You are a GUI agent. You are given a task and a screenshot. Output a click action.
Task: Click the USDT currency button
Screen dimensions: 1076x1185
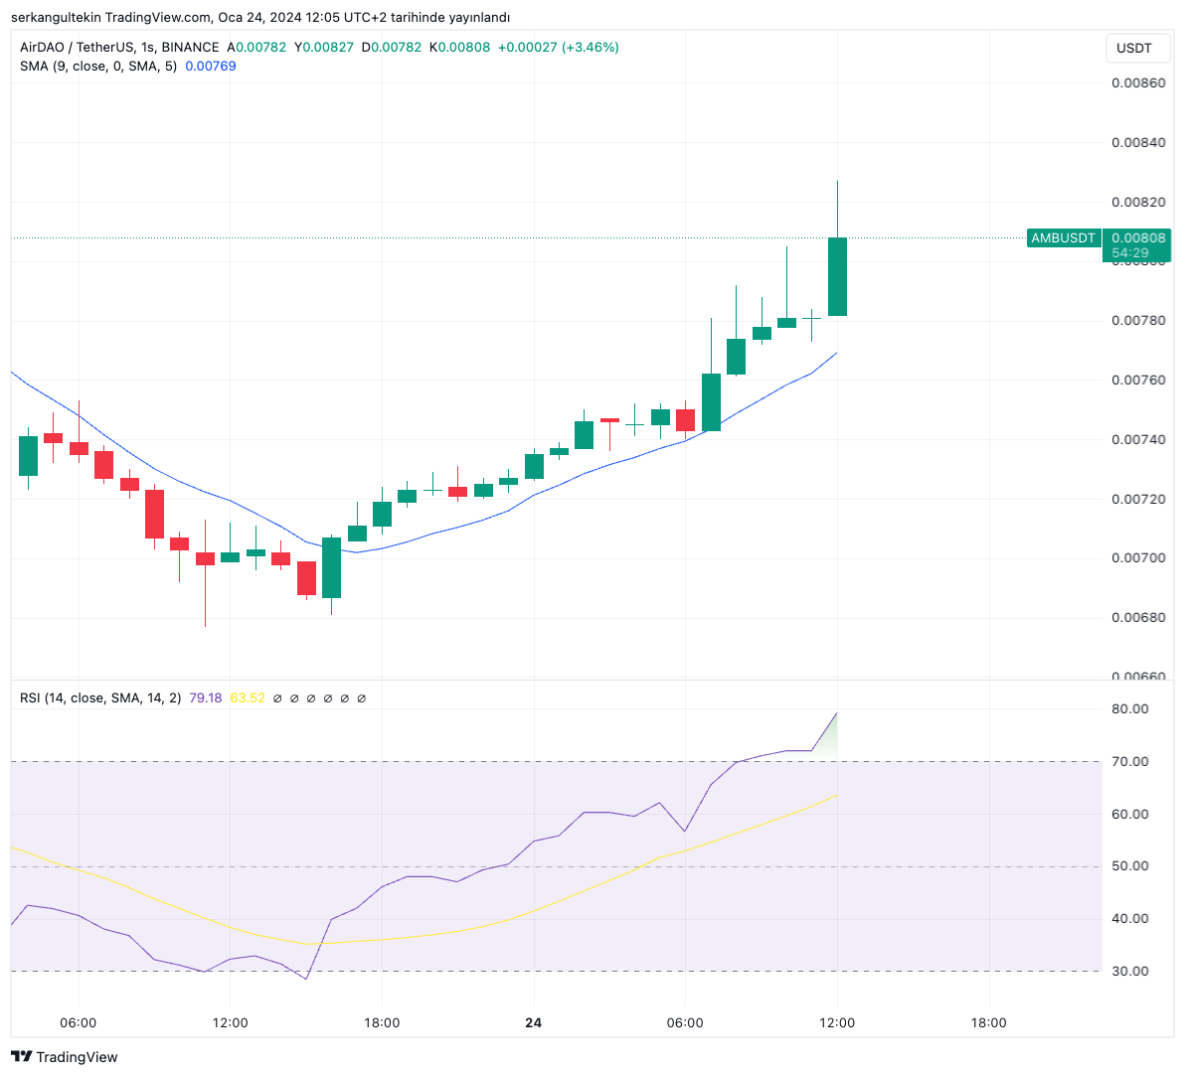[1133, 48]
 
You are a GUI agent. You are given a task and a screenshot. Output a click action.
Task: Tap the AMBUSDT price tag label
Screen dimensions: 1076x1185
[1063, 238]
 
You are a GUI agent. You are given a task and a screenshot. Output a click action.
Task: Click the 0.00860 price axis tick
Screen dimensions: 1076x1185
[1138, 83]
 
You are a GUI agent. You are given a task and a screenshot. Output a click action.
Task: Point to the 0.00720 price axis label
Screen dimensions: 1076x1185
[1138, 499]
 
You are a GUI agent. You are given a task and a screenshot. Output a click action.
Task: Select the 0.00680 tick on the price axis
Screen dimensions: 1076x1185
[1138, 618]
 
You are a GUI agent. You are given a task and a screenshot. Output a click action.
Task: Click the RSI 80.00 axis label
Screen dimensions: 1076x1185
[1129, 709]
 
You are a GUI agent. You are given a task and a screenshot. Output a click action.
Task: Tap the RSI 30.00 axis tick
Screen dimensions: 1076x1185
[1129, 972]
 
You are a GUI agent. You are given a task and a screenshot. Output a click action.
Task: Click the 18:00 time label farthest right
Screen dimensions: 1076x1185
[988, 1023]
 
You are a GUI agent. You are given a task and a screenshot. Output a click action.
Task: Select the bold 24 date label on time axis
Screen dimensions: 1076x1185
[534, 1023]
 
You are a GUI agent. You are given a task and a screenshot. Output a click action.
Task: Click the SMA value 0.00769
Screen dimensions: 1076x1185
[211, 67]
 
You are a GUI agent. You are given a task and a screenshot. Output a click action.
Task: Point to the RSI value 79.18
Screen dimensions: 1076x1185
[205, 698]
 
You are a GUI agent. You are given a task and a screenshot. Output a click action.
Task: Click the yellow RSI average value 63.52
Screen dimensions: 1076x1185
[248, 698]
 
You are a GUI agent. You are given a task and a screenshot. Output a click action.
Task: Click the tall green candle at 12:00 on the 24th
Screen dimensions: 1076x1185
[837, 276]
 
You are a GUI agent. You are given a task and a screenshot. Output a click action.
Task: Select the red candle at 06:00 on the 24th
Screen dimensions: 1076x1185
[685, 419]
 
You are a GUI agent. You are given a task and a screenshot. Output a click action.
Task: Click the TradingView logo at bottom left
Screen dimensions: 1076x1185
[65, 1057]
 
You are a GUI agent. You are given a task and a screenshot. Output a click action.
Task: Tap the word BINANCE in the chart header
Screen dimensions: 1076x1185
[190, 48]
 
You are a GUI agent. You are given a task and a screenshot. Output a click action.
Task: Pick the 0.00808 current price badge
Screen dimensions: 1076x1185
[1138, 238]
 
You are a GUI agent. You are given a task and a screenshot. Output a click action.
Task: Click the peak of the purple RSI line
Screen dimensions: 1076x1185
[837, 712]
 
